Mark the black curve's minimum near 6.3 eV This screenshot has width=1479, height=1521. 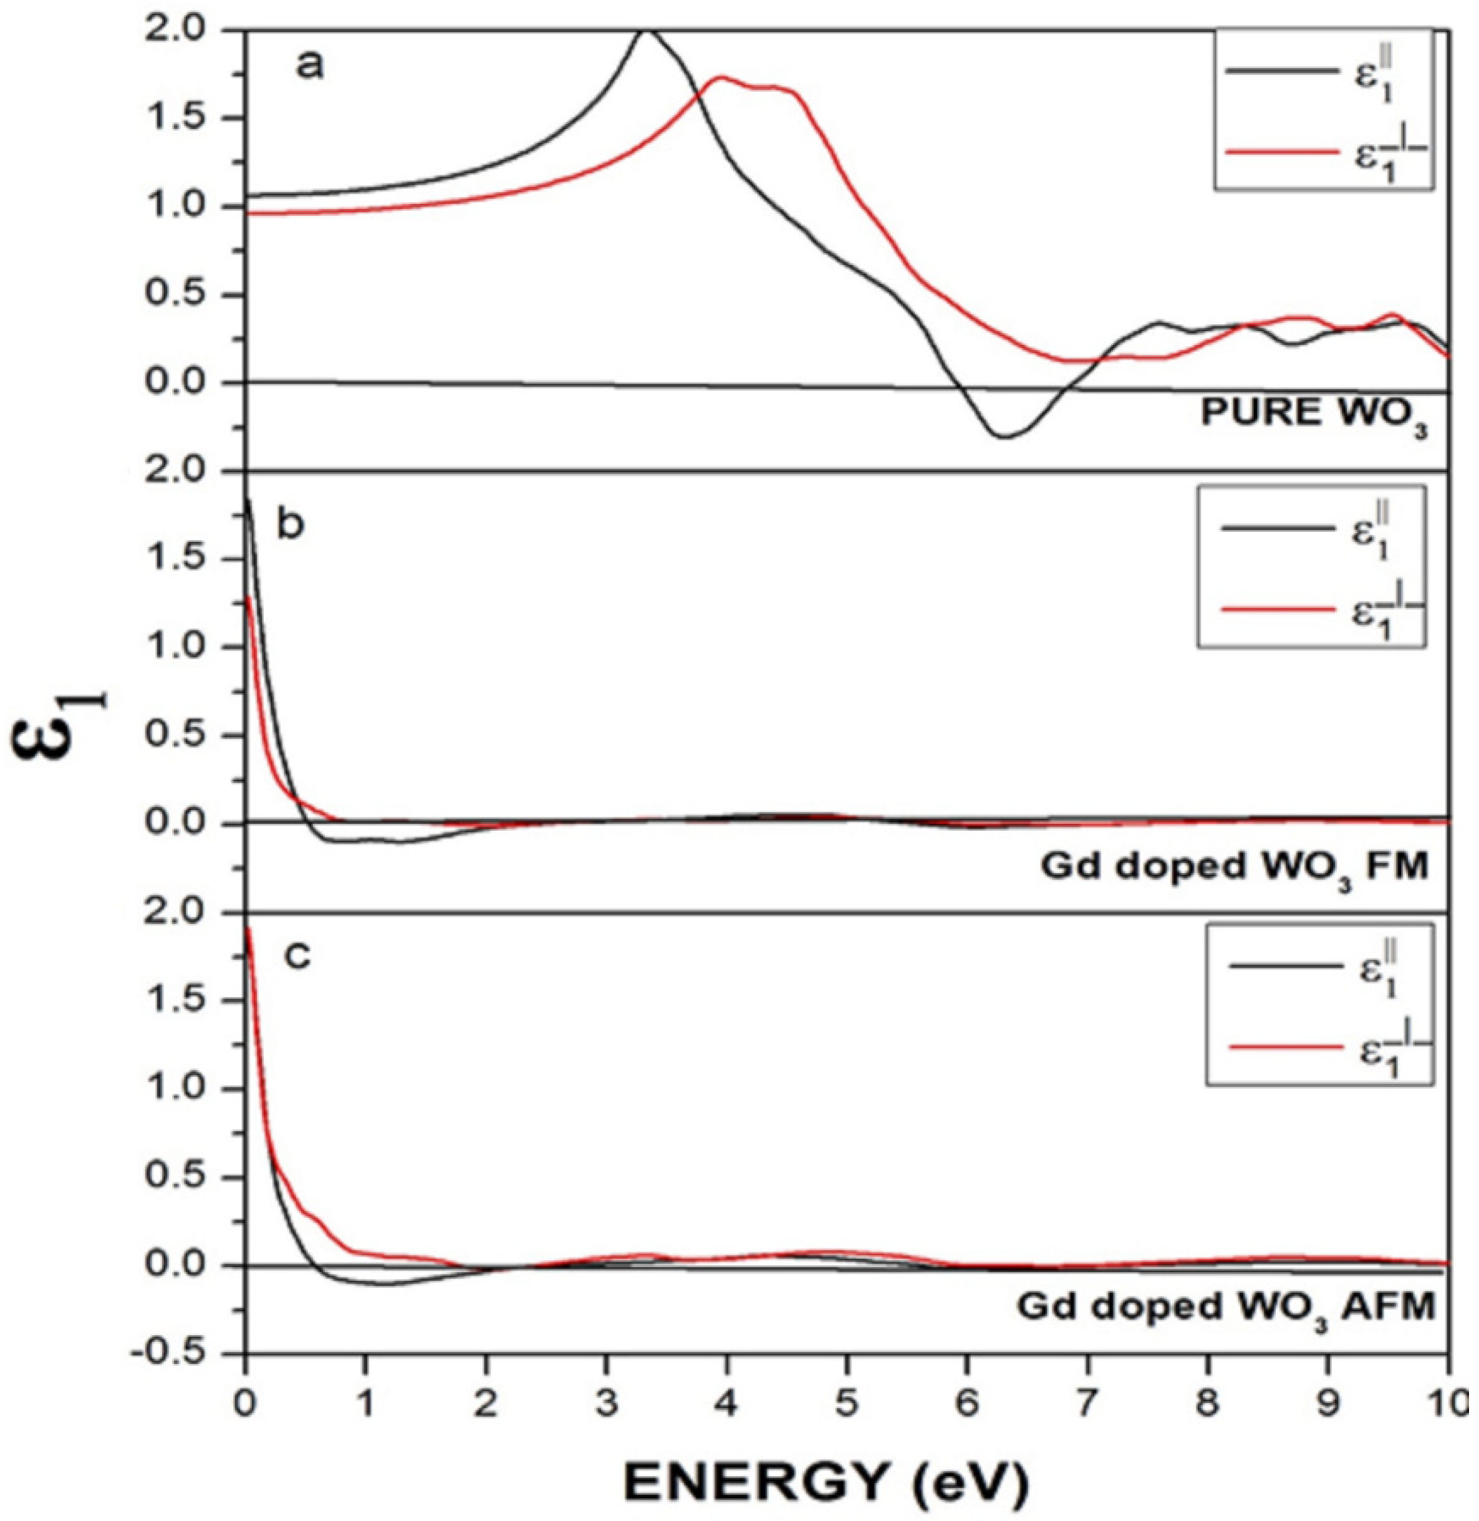click(1003, 437)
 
